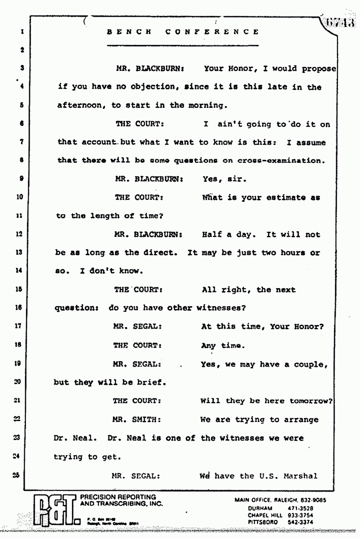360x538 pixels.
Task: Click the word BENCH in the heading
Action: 129,32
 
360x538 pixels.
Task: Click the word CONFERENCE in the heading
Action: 212,32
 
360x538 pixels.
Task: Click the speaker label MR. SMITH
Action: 134,420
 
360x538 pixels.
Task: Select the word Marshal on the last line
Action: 300,475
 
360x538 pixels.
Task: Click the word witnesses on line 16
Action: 218,308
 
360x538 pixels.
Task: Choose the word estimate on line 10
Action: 284,197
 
